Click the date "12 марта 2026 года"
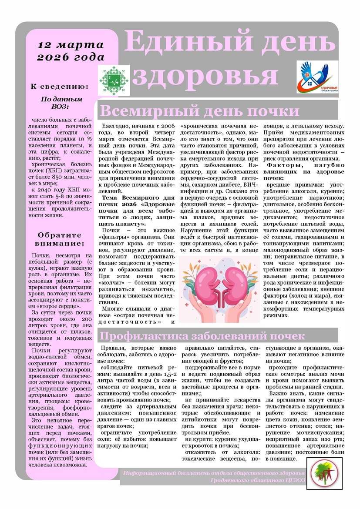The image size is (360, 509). pyautogui.click(x=71, y=51)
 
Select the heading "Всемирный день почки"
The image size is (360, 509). pyautogui.click(x=200, y=111)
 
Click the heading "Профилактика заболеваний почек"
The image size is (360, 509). pyautogui.click(x=202, y=336)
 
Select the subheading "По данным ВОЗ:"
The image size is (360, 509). pyautogui.click(x=61, y=103)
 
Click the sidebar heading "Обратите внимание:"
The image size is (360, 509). pyautogui.click(x=61, y=239)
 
